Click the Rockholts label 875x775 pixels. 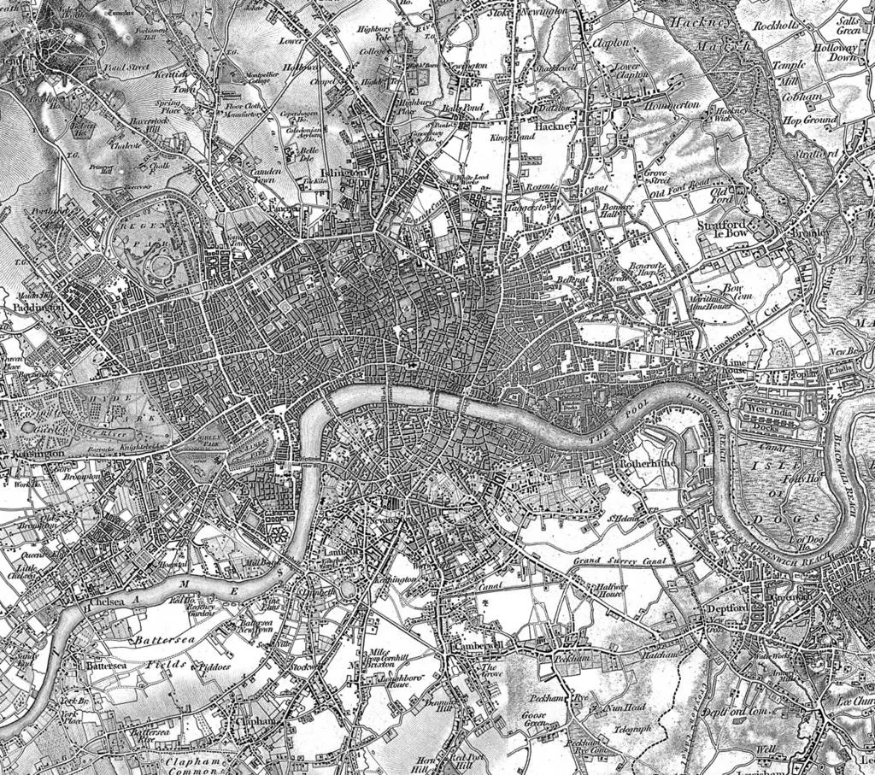pyautogui.click(x=776, y=26)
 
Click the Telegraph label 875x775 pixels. pyautogui.click(x=632, y=729)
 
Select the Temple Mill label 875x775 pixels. pyautogui.click(x=789, y=72)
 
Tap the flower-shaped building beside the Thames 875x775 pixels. pyautogui.click(x=279, y=536)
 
